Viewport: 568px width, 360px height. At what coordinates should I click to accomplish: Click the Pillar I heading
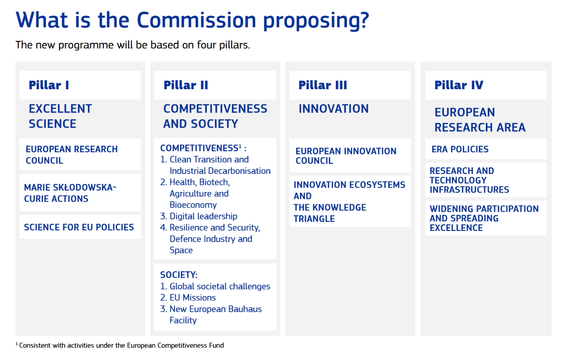49,85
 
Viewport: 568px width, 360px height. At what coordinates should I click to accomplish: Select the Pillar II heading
186,85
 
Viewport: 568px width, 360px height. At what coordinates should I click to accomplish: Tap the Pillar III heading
323,85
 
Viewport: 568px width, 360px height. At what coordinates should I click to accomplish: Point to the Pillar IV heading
459,85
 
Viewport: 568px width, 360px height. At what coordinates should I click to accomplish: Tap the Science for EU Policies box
79,227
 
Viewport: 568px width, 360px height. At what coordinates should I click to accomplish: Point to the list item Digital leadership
203,216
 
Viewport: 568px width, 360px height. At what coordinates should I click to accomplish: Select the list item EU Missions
192,297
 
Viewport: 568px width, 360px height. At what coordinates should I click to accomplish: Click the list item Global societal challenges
219,286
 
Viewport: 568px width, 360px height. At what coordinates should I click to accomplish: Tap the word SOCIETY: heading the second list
179,275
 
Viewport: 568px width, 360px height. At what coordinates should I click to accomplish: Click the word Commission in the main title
196,20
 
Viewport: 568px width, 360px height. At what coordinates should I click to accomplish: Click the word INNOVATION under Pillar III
333,109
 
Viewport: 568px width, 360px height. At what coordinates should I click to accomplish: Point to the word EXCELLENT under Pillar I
60,109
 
